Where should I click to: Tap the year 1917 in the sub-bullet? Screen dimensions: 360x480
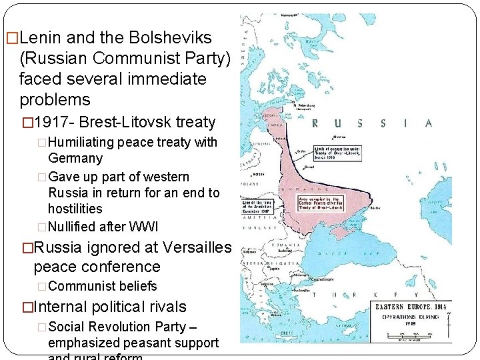53,122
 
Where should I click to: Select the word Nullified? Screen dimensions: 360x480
75,227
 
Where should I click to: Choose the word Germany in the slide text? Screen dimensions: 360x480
75,158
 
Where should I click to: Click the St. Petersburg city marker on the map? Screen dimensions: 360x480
294,103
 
